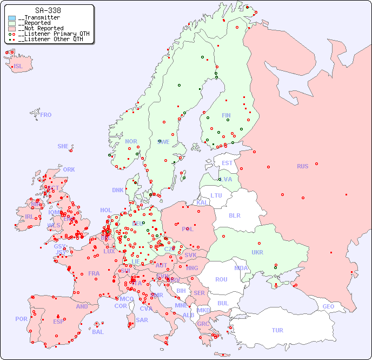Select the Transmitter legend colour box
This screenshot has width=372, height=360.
pyautogui.click(x=12, y=18)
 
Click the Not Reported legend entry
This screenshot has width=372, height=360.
pyautogui.click(x=41, y=28)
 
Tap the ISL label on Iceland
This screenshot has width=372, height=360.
pyautogui.click(x=18, y=67)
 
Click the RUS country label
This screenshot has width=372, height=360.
pyautogui.click(x=302, y=166)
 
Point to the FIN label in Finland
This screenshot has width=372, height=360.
pyautogui.click(x=226, y=115)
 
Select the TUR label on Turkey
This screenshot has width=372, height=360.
pyautogui.click(x=277, y=330)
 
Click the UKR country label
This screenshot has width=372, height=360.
pyautogui.click(x=257, y=252)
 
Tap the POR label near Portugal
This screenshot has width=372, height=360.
pyautogui.click(x=21, y=319)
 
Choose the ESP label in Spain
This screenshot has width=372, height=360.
pyautogui.click(x=58, y=321)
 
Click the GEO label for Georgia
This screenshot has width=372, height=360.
pyautogui.click(x=328, y=306)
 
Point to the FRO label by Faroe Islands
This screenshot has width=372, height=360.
pyautogui.click(x=46, y=115)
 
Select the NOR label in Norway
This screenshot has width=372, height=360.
pyautogui.click(x=131, y=141)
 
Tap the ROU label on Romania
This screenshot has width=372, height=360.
pyautogui.click(x=221, y=279)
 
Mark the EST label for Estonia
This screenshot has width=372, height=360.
pyautogui.click(x=227, y=163)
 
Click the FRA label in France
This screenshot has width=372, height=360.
pyautogui.click(x=94, y=273)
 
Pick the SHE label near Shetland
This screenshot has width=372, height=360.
pyautogui.click(x=63, y=146)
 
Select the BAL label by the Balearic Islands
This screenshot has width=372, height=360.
pyautogui.click(x=98, y=332)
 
